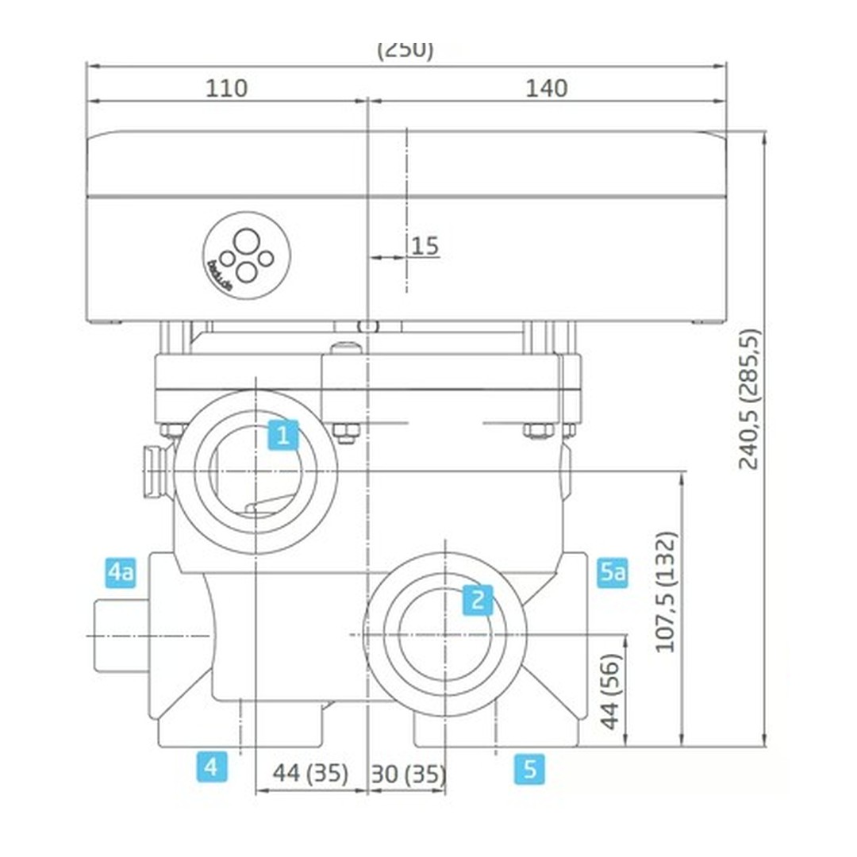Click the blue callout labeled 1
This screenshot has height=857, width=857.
click(x=282, y=435)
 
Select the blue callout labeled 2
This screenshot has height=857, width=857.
click(x=477, y=600)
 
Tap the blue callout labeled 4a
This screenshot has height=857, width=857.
click(x=121, y=571)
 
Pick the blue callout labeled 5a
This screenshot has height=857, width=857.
click(x=613, y=571)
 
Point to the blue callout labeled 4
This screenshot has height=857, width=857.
click(x=211, y=767)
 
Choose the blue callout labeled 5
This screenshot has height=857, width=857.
click(x=529, y=768)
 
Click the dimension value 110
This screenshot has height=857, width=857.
click(x=227, y=88)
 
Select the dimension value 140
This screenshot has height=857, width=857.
click(x=547, y=88)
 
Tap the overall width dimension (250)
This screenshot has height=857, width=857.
click(x=405, y=49)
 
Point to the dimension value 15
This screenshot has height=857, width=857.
click(x=425, y=246)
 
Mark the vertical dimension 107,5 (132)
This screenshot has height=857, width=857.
click(x=667, y=591)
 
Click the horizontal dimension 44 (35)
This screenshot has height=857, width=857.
click(x=310, y=773)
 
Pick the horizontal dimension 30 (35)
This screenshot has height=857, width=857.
click(x=408, y=773)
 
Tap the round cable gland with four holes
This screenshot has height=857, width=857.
click(x=247, y=256)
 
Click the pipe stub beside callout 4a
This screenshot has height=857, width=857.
click(x=119, y=636)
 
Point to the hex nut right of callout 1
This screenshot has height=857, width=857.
click(x=346, y=432)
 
